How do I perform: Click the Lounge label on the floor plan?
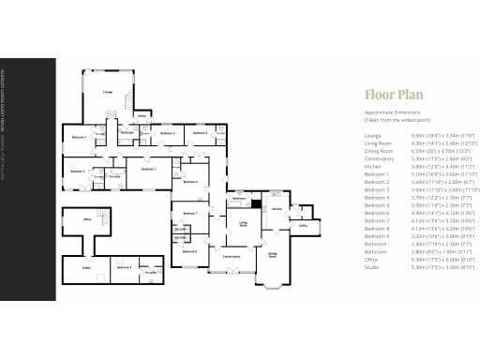coord(108,92)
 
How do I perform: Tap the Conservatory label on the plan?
coord(231,256)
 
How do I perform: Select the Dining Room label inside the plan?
coord(273,253)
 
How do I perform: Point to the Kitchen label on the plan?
coord(277,208)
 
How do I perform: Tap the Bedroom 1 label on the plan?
coord(147,169)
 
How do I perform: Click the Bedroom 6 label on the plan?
coord(189,251)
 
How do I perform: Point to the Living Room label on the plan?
coord(243,224)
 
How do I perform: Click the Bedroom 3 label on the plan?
coord(80,138)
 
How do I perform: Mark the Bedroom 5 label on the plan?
coord(200,133)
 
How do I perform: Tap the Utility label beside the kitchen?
coord(303,225)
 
